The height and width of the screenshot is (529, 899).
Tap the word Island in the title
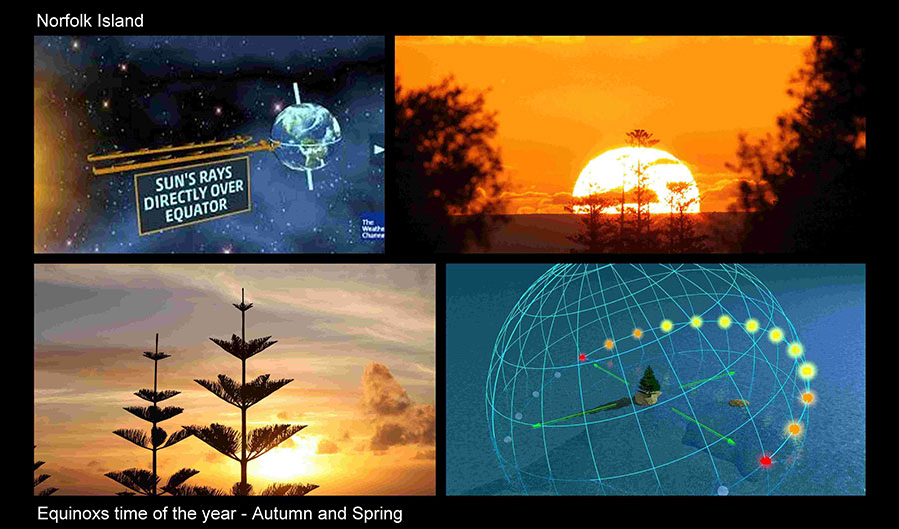pos(118,21)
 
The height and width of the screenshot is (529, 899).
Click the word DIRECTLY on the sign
pos(193,195)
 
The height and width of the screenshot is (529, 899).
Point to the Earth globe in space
pos(305,136)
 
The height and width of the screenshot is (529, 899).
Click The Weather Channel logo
pos(373,228)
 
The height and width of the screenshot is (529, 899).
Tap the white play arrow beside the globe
pos(379,150)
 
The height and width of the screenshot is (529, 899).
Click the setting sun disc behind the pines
pos(636,180)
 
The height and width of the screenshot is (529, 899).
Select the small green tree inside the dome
pos(648,379)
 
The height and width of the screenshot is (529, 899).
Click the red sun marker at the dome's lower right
pos(765,461)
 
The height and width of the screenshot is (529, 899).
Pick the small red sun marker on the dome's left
pos(582,357)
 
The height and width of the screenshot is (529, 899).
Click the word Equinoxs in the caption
pos(72,514)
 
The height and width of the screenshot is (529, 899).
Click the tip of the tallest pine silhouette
pos(243,289)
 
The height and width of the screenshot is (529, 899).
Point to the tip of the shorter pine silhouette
pos(156,335)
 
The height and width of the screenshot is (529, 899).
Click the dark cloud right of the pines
pos(395,407)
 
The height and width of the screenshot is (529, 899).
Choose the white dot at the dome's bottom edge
pos(723,491)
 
